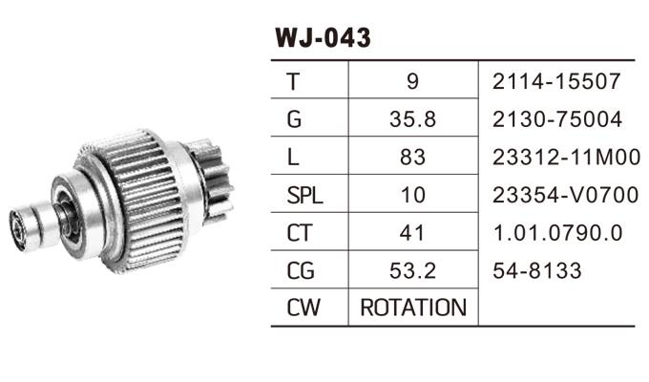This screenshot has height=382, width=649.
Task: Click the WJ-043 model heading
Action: click(x=323, y=38)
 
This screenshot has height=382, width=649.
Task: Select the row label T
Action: click(x=293, y=81)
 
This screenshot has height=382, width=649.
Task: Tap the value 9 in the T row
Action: click(x=412, y=81)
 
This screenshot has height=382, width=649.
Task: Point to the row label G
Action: click(x=294, y=119)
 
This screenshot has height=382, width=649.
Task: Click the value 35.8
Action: click(x=412, y=119)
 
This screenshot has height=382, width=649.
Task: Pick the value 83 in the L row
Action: click(x=412, y=158)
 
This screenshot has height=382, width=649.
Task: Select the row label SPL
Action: click(x=304, y=195)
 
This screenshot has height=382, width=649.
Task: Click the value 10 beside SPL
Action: click(x=412, y=195)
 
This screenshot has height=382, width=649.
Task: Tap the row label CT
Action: click(x=300, y=233)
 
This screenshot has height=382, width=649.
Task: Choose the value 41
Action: click(x=412, y=233)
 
